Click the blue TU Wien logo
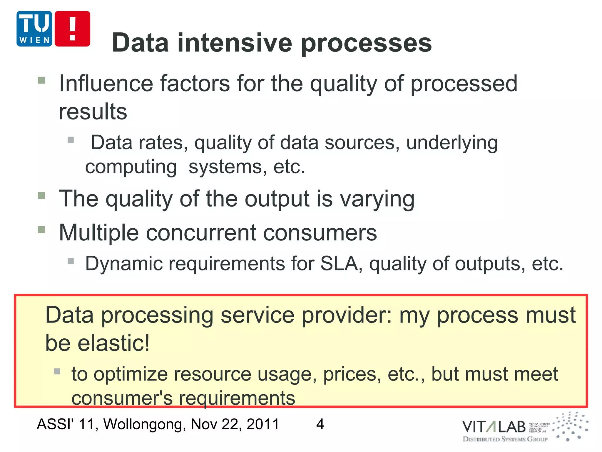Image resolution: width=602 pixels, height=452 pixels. pos(34,29)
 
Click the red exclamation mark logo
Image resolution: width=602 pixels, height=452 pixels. pos(72,29)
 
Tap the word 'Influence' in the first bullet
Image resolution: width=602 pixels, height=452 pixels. pos(106,84)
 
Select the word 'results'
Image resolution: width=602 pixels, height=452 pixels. pos(93,112)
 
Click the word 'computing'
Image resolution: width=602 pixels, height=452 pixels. pos(131,167)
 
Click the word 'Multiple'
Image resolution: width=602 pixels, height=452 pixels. pos(99,233)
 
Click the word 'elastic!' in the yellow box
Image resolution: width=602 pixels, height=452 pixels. pos(113,343)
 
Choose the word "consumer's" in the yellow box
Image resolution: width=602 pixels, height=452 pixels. pos(122,398)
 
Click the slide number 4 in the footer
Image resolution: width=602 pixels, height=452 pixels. pos(320,424)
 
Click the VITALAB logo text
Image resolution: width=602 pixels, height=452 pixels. pos(494,427)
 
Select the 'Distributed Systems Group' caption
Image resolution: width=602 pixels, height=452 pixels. pos(505,439)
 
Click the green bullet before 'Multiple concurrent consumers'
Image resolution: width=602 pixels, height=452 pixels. pos(41,230)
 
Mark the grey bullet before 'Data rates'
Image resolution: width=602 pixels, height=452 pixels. pos(71,139)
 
